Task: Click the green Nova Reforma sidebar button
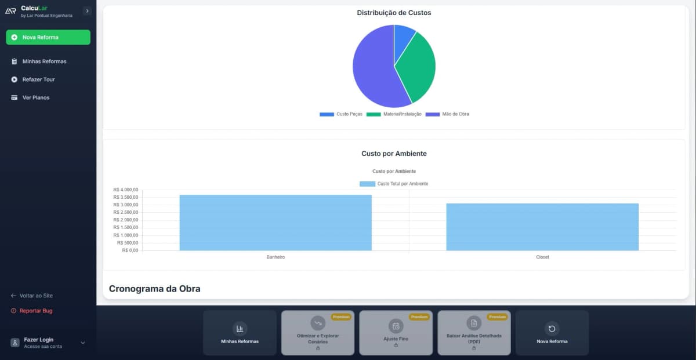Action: pyautogui.click(x=48, y=37)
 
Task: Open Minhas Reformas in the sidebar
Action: pyautogui.click(x=44, y=61)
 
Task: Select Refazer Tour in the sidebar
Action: pyautogui.click(x=38, y=79)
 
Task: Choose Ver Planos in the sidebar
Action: pyautogui.click(x=36, y=97)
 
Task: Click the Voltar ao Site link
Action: pyautogui.click(x=36, y=296)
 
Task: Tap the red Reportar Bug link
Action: pyautogui.click(x=36, y=311)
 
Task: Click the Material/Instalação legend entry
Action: pyautogui.click(x=394, y=114)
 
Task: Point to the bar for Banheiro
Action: pyautogui.click(x=275, y=223)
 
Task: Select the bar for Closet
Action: pyautogui.click(x=542, y=227)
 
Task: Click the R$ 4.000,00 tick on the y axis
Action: pyautogui.click(x=126, y=190)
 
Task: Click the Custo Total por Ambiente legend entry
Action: pyautogui.click(x=394, y=184)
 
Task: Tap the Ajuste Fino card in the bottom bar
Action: pyautogui.click(x=396, y=332)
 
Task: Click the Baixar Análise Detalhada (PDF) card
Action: pyautogui.click(x=474, y=332)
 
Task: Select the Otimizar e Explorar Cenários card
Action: pyautogui.click(x=318, y=332)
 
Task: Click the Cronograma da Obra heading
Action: pyautogui.click(x=155, y=289)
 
